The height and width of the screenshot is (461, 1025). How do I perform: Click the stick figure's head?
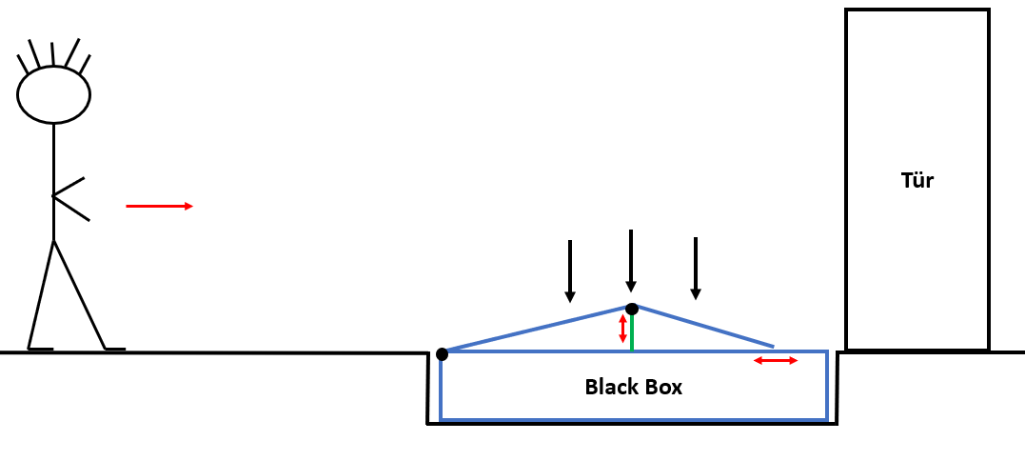[x=53, y=94]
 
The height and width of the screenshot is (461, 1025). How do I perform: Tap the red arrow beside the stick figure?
[x=159, y=206]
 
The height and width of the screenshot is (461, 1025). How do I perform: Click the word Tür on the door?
[x=917, y=180]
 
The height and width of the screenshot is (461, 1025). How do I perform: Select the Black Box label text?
[x=633, y=388]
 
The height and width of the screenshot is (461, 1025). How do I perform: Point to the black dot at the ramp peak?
[x=631, y=309]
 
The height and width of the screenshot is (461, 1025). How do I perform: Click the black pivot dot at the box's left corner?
[x=442, y=354]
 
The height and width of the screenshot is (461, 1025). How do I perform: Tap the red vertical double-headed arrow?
[x=622, y=328]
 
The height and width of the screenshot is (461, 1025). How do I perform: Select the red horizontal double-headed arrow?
[x=776, y=360]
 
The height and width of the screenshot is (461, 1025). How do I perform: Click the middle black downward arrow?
[x=630, y=260]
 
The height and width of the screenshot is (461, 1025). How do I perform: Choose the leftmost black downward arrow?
[x=569, y=271]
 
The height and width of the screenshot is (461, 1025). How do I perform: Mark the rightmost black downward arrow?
[x=696, y=268]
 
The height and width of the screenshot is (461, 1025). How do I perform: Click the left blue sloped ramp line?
[x=538, y=330]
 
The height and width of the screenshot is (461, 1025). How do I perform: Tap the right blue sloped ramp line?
[x=704, y=327]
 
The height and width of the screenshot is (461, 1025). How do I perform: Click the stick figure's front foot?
[x=114, y=349]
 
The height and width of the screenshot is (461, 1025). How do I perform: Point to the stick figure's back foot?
[x=40, y=349]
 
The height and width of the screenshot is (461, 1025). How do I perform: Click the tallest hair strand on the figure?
[x=72, y=53]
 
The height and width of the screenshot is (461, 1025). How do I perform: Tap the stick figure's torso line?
[x=53, y=181]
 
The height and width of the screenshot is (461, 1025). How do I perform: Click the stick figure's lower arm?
[x=71, y=209]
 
